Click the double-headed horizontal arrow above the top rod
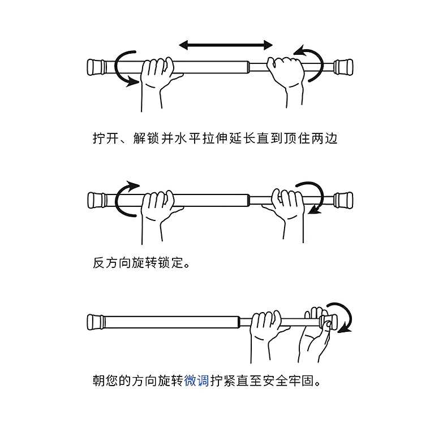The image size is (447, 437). tap(226, 44)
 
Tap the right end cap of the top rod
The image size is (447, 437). tap(343, 66)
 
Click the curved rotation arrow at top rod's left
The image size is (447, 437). tap(124, 67)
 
